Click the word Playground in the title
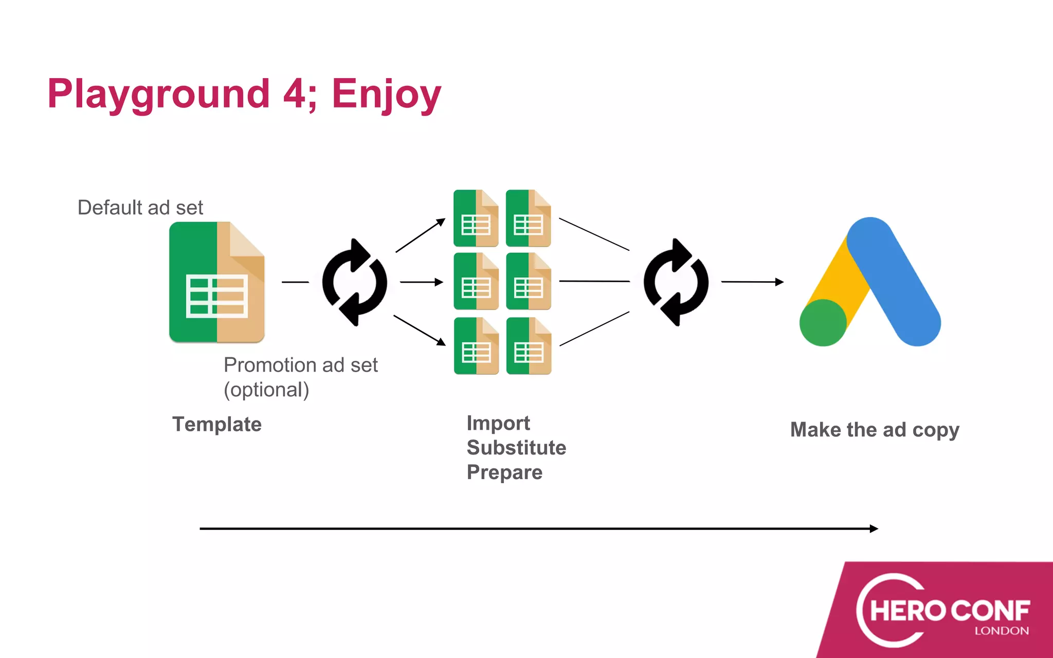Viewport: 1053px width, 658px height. pos(158,95)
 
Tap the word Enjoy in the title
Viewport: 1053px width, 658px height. pos(386,95)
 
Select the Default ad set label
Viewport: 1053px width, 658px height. pos(140,208)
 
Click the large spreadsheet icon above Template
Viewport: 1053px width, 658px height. pos(216,282)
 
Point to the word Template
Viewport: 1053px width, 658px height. pos(216,425)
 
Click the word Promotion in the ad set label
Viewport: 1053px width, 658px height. pos(269,365)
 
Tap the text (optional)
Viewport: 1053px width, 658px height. pos(266,390)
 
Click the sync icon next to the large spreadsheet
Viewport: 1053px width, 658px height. pos(354,282)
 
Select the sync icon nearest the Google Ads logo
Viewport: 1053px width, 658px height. pos(676,282)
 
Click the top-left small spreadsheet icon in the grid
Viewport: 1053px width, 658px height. pos(476,218)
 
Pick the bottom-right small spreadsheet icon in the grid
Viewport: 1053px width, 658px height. pos(529,346)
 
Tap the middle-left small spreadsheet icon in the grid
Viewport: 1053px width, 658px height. pos(476,282)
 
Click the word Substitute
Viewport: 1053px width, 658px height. pos(516,448)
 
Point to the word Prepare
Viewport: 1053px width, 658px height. pos(504,472)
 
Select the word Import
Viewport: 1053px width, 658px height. pos(498,423)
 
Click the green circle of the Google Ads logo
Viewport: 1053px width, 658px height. pos(823,323)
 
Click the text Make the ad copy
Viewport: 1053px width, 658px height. pos(875,430)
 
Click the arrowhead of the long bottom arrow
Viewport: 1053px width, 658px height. pos(874,528)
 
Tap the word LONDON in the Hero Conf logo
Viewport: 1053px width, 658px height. pos(1002,631)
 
